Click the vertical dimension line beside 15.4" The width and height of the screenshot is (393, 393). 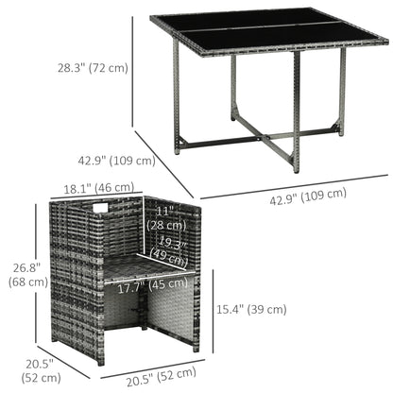coord(214,308)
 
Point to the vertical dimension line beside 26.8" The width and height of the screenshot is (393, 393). coord(57,273)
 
